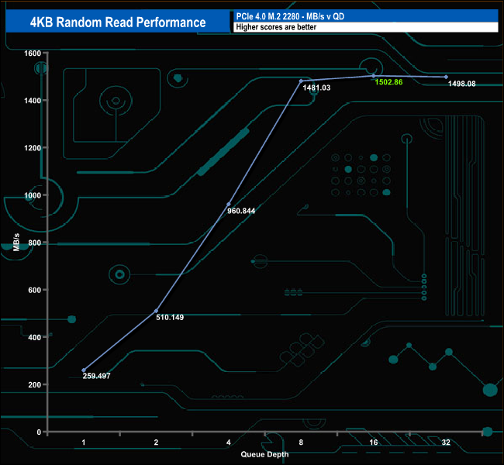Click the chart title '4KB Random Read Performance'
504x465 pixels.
pos(118,22)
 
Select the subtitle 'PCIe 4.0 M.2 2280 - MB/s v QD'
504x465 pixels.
pos(288,16)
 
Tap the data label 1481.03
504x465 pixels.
pos(316,88)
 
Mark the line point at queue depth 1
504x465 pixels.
pos(84,370)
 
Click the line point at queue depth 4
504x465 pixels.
pos(229,204)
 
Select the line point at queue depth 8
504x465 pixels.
pos(301,81)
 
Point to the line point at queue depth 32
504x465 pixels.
pos(446,77)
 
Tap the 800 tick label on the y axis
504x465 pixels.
pos(34,243)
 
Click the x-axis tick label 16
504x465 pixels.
pos(373,442)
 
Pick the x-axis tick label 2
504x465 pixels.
pos(157,442)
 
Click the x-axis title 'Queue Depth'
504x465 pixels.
pos(264,454)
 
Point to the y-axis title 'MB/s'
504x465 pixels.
pos(16,242)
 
